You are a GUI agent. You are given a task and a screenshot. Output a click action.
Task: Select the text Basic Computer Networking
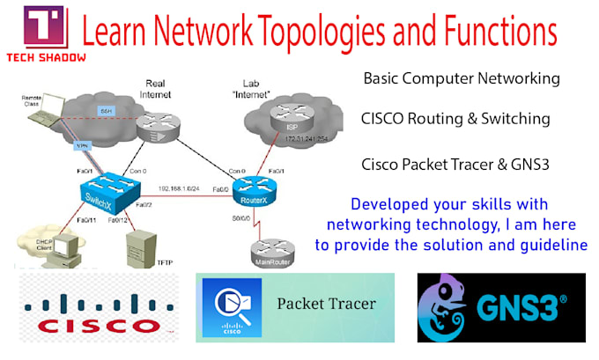pyautogui.click(x=462, y=78)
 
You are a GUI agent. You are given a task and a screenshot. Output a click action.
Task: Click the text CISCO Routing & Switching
pyautogui.click(x=455, y=119)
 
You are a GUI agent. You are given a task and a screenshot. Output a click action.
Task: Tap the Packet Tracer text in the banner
pyautogui.click(x=326, y=305)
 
